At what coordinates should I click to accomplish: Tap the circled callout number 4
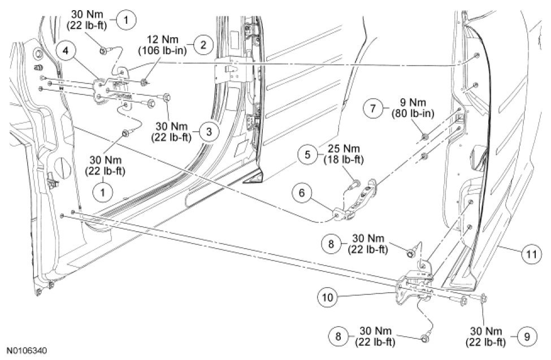pos(67,50)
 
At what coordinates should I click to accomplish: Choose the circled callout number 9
pos(526,337)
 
